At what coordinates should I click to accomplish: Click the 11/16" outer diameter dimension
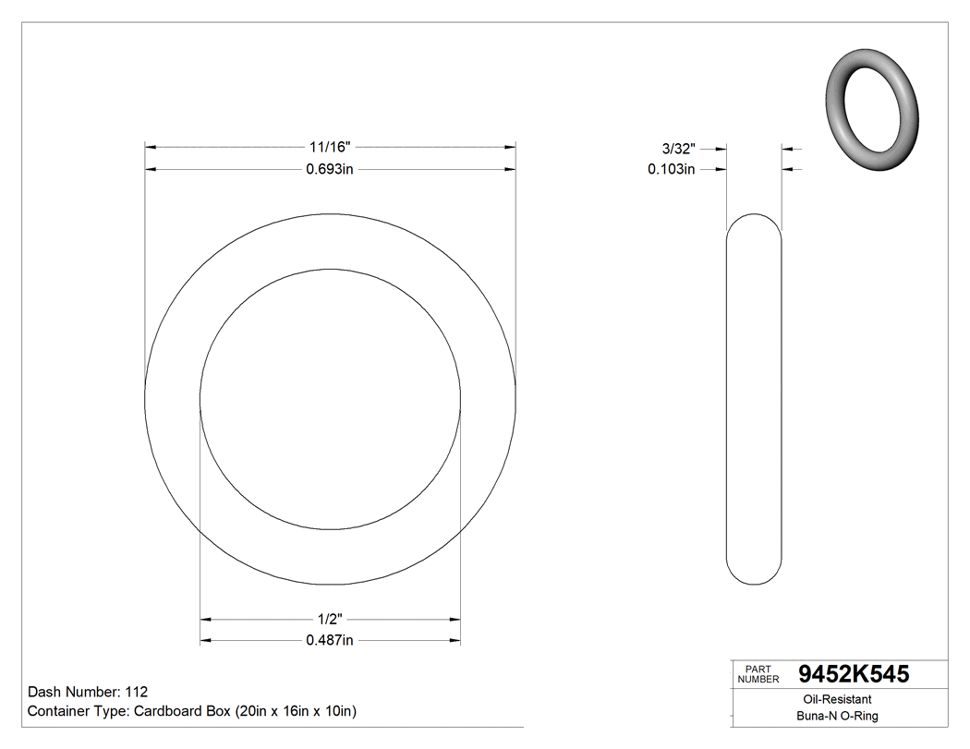(x=330, y=147)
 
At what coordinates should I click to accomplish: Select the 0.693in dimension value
(x=330, y=169)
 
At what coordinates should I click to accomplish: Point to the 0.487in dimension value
(x=330, y=641)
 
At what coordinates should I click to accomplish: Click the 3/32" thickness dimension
(x=678, y=148)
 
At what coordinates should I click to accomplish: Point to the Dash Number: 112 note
(x=88, y=692)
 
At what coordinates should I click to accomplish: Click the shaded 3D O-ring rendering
(x=871, y=108)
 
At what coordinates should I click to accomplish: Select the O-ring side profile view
(x=755, y=399)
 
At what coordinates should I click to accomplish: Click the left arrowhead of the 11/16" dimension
(x=151, y=147)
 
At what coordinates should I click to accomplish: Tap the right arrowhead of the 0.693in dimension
(x=509, y=169)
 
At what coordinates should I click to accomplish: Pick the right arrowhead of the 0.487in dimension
(x=455, y=641)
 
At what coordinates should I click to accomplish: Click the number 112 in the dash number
(x=136, y=692)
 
